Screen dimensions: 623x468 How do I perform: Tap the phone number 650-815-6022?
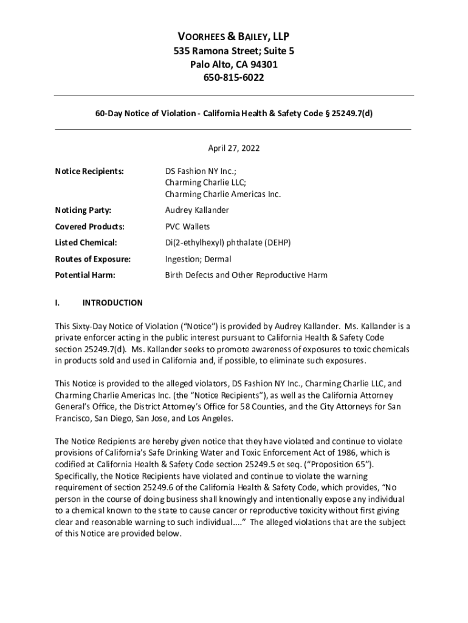(234, 78)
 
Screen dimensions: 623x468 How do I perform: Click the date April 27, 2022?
(234, 148)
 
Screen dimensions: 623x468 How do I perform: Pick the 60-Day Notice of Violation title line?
(234, 113)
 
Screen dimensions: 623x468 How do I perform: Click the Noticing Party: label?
(83, 211)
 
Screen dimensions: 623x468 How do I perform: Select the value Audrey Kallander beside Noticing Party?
(197, 211)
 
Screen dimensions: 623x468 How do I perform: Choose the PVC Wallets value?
(187, 227)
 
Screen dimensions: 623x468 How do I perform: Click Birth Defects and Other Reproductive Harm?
(246, 275)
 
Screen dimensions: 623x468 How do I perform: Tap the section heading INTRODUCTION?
(112, 302)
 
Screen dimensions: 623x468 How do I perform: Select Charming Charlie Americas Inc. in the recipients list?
(223, 195)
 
